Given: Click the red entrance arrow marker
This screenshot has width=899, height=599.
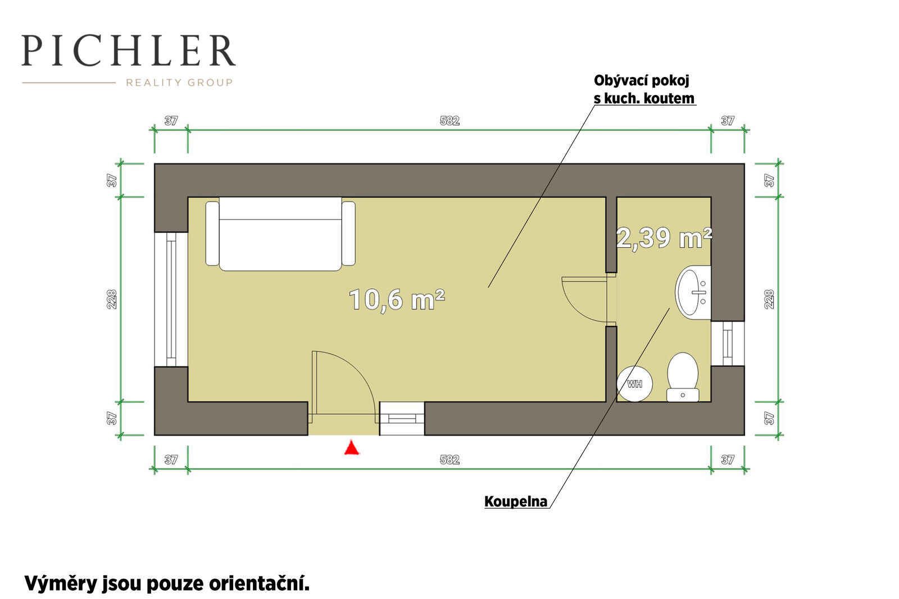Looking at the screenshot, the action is click(352, 448).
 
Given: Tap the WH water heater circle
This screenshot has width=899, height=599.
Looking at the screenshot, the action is click(634, 384).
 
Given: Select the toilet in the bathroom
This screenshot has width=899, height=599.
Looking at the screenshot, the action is click(683, 377).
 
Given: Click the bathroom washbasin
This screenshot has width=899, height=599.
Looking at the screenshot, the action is click(693, 292).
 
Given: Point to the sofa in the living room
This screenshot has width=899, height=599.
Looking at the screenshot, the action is click(280, 234).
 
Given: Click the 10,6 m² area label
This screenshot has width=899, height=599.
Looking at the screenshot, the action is click(397, 299).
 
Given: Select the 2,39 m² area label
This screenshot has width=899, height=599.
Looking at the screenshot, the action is click(664, 238).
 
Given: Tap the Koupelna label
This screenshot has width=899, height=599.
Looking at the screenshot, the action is click(516, 501).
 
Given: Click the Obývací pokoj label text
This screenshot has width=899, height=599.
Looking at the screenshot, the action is click(641, 80).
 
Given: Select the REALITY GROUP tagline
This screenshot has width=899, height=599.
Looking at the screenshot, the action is click(179, 83).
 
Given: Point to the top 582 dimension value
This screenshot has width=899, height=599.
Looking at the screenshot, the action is click(449, 120).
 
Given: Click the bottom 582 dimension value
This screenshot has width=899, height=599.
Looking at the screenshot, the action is click(449, 459).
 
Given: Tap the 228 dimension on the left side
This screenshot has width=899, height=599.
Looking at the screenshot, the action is click(112, 299).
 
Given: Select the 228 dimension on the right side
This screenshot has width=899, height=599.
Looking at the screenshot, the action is click(769, 299).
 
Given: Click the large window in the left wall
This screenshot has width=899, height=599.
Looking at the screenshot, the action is click(171, 299).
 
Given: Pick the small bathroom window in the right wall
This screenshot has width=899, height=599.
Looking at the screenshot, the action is click(728, 344).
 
